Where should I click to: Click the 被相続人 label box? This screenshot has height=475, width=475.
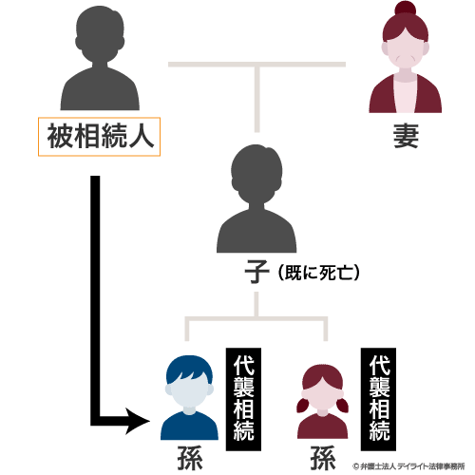click(x=99, y=137)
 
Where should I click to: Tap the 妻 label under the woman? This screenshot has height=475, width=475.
click(x=406, y=136)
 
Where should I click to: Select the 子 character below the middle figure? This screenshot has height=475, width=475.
click(x=256, y=272)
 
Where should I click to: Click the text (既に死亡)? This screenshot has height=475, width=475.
click(x=319, y=273)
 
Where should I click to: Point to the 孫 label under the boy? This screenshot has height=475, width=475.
click(x=190, y=458)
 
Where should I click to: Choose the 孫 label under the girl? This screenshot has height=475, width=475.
click(x=323, y=458)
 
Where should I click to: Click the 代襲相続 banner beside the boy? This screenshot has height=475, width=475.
click(x=243, y=399)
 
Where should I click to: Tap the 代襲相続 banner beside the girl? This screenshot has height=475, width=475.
click(x=379, y=399)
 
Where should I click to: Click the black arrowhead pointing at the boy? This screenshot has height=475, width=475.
click(x=138, y=421)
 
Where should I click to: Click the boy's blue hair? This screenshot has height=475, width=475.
click(x=189, y=369)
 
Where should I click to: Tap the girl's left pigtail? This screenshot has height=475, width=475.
click(x=303, y=406)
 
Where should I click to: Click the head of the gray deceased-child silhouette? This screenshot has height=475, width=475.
click(x=256, y=174)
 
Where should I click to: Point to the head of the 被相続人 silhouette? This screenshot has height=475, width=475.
click(x=100, y=35)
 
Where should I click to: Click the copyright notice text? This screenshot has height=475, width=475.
click(x=408, y=466)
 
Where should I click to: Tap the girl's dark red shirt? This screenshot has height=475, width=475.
click(x=323, y=427)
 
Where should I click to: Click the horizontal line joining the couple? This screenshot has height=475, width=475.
click(x=256, y=65)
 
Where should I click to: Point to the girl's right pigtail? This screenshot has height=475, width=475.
click(x=342, y=406)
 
